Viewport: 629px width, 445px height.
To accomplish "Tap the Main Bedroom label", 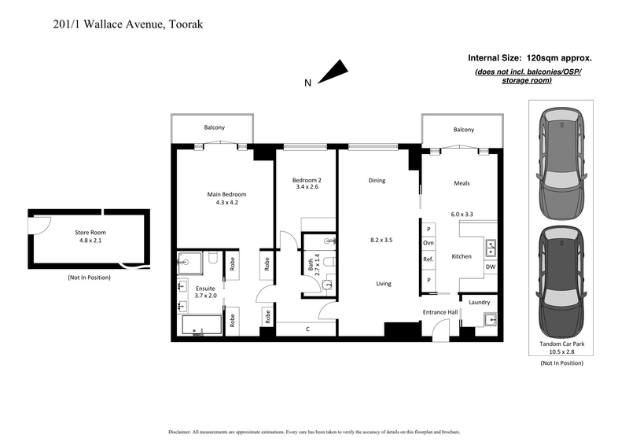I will (x=226, y=194).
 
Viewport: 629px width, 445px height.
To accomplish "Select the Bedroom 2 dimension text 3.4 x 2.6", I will (x=300, y=187).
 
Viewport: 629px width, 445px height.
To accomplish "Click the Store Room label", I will (x=90, y=233).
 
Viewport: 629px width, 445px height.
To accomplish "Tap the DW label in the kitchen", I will (x=490, y=267).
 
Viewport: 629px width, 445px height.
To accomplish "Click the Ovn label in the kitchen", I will (x=429, y=243).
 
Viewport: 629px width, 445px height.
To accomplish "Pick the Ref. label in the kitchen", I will (x=429, y=259).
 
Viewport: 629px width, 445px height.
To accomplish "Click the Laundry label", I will (x=479, y=302).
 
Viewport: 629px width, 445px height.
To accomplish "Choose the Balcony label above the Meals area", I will (x=463, y=130).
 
